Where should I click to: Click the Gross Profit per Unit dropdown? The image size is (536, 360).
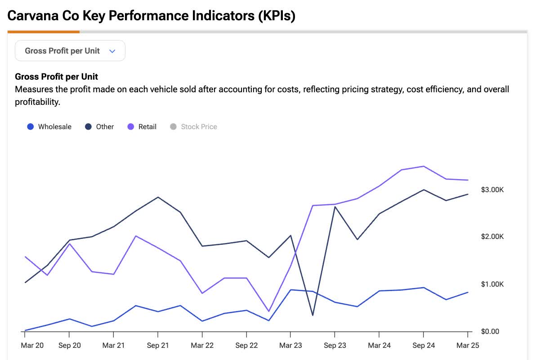[70, 51]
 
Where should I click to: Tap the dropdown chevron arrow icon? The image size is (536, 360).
[112, 51]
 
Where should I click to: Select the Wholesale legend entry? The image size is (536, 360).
[49, 127]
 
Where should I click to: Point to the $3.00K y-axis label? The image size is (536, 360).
[492, 190]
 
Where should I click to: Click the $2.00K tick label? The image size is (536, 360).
[492, 237]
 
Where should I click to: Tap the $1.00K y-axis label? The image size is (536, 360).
[492, 284]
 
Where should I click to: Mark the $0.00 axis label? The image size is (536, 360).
[490, 332]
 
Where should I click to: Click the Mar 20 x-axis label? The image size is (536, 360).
[32, 346]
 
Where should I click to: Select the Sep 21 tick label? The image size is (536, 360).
[158, 346]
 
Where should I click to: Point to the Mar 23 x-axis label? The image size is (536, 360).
[290, 346]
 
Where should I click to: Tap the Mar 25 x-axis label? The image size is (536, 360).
[468, 346]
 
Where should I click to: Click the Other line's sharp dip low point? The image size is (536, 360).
[313, 315]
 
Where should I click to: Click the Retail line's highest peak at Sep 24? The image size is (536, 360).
[423, 166]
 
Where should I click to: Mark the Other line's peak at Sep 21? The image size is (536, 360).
[158, 197]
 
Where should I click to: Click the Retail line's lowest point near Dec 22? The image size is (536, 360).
[268, 311]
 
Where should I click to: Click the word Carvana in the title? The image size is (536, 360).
[32, 16]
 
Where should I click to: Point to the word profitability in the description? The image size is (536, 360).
[37, 102]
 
